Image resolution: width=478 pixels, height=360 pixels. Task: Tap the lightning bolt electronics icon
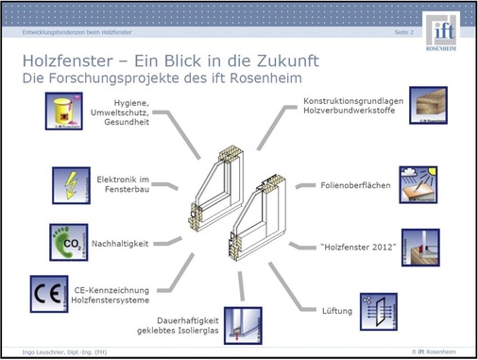click(71, 182)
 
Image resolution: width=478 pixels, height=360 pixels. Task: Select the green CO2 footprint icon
click(68, 242)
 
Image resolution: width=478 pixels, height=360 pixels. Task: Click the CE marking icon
click(48, 293)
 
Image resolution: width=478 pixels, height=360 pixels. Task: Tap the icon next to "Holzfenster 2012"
click(420, 247)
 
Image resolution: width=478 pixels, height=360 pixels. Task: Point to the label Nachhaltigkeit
click(120, 244)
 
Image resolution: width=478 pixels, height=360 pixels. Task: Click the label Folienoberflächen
click(355, 185)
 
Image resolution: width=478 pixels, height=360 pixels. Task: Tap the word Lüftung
click(337, 310)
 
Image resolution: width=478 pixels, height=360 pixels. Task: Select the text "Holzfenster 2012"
click(356, 247)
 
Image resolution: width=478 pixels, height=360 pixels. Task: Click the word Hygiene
click(131, 102)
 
